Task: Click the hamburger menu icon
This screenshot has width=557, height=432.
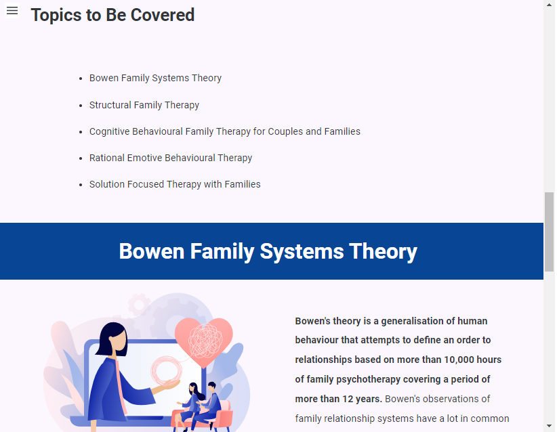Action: (12, 11)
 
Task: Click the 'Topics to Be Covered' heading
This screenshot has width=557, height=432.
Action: (112, 16)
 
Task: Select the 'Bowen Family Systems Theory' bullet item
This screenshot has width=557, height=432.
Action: (155, 78)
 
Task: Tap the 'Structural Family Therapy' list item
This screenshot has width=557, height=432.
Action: (144, 105)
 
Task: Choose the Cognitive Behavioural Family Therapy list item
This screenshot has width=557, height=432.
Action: (224, 131)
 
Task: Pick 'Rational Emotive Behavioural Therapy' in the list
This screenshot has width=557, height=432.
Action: (171, 158)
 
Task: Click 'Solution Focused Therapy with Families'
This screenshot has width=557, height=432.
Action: (175, 185)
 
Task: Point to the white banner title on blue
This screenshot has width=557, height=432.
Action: (268, 251)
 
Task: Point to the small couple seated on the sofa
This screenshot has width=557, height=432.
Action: (201, 405)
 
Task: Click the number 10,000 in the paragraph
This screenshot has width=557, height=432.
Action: (459, 360)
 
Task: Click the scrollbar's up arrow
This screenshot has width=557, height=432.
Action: (549, 5)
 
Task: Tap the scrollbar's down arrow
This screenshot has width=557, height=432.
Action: (549, 426)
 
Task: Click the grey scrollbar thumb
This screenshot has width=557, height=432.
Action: (549, 232)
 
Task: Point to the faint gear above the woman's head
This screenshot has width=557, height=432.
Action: (139, 304)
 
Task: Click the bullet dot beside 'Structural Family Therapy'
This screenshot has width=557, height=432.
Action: (81, 106)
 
